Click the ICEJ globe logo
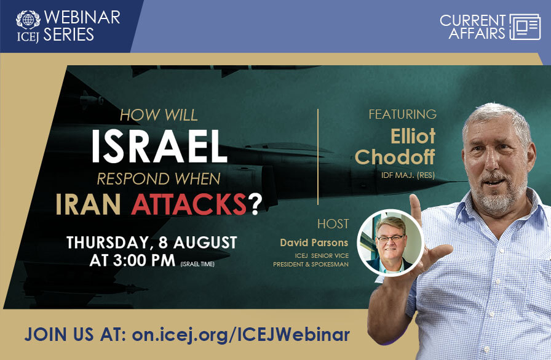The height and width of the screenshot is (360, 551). pos(28,18)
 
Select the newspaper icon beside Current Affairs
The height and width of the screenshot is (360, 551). pos(525,26)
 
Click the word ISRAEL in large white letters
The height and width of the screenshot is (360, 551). pos(159,148)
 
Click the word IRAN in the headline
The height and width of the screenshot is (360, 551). pos(92,205)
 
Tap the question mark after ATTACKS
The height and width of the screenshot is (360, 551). pos(254,205)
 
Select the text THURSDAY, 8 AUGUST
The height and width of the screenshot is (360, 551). pos(151,242)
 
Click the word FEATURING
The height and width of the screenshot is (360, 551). pos(402,114)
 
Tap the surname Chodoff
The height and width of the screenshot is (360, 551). pos(395,158)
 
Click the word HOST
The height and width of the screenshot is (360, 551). pos(333,224)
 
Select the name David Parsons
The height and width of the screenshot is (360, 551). pos(314,243)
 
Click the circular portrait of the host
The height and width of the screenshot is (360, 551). pos(390,242)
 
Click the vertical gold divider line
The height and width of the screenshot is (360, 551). pos(317,157)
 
